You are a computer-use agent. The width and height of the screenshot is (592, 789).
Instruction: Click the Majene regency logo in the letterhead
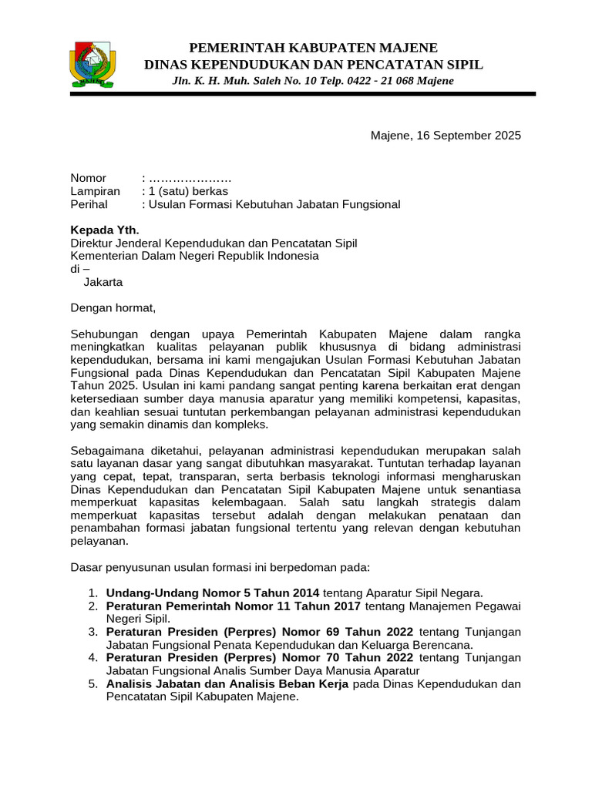94,62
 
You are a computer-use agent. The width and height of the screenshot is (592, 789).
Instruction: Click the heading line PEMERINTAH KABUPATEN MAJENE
314,48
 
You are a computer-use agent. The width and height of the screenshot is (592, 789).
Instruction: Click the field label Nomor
89,178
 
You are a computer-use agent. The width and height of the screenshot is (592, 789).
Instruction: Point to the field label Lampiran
96,191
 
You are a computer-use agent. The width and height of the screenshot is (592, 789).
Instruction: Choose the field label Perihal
89,204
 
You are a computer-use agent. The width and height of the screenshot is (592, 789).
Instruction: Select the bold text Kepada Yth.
105,230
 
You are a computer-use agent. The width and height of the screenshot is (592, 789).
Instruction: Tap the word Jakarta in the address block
103,282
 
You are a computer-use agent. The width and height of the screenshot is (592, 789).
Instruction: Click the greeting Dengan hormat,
113,308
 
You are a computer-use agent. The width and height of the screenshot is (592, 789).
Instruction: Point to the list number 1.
92,593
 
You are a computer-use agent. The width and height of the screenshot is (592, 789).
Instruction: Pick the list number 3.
92,632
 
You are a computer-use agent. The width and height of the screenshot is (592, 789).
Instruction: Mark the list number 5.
92,683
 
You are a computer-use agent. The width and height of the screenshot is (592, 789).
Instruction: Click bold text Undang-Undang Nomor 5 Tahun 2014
212,593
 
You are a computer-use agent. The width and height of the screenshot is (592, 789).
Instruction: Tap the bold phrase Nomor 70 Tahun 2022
355,657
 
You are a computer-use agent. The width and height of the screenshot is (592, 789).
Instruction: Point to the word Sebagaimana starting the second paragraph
106,450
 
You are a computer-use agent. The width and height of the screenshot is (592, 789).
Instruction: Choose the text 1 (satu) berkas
188,191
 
